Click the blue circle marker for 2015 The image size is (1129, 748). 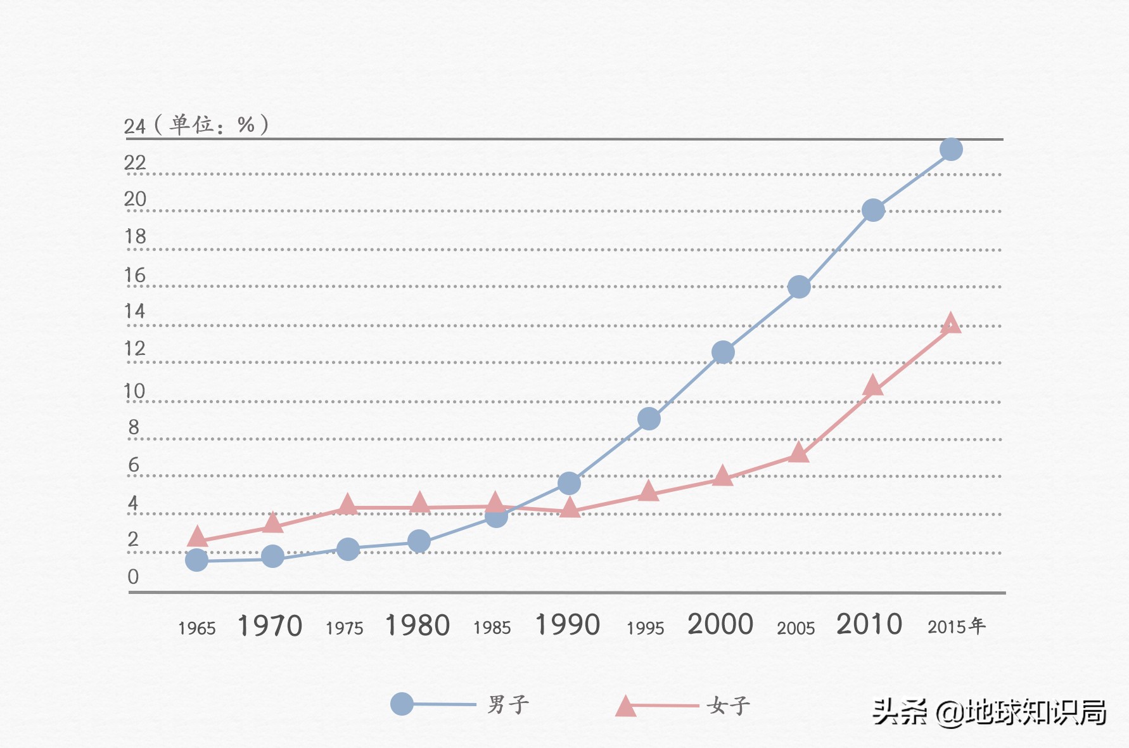click(951, 150)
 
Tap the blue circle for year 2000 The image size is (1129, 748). click(723, 352)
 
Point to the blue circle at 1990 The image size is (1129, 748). click(569, 484)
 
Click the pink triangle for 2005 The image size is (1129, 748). click(799, 453)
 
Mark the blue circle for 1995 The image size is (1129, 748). click(649, 418)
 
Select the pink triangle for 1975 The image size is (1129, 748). click(347, 505)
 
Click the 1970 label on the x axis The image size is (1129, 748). click(270, 626)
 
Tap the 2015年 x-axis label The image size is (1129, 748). click(957, 627)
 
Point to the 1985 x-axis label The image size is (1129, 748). click(492, 628)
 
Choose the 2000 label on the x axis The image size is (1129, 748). click(720, 625)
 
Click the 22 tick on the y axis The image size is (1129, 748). click(135, 164)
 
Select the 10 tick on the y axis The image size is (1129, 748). click(134, 392)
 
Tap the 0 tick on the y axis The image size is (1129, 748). click(133, 577)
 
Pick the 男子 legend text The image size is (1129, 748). click(508, 704)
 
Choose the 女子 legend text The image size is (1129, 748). click(729, 706)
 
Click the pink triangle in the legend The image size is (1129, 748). click(625, 706)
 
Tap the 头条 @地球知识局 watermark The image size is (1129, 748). click(989, 713)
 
